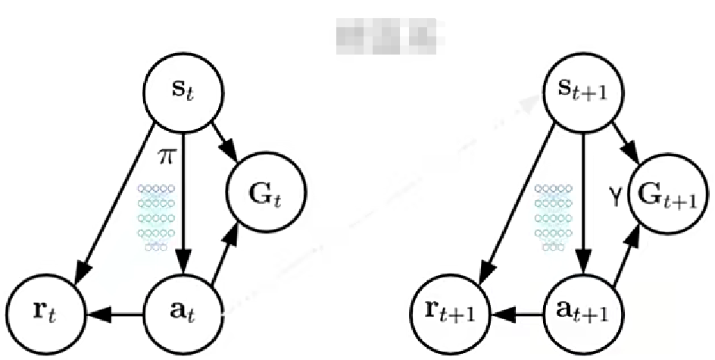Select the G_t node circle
click(264, 193)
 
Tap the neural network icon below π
click(156, 217)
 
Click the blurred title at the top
click(389, 33)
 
